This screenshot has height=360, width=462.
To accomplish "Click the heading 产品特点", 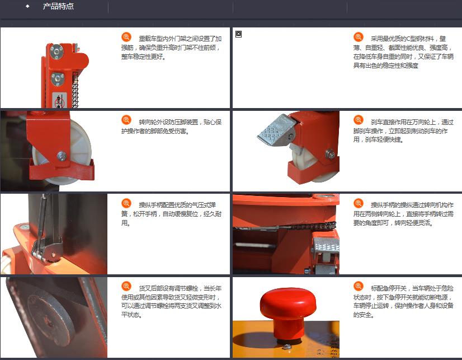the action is tap(58, 6).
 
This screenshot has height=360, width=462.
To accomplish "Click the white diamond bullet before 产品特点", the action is tap(28, 6).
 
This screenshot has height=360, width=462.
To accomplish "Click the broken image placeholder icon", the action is tap(239, 34).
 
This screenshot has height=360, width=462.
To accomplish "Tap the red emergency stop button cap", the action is tap(288, 303).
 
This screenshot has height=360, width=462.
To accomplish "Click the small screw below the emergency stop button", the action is tap(287, 347).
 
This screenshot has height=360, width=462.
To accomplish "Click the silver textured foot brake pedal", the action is tap(276, 130).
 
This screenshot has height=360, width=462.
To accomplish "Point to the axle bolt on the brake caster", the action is tap(330, 153).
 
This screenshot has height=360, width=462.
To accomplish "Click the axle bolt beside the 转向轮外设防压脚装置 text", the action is tap(62, 156).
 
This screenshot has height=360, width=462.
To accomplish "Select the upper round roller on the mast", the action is tap(56, 52).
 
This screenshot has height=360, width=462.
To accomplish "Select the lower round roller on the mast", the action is tap(58, 79).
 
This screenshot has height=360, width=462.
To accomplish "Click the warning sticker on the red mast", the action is tap(60, 100).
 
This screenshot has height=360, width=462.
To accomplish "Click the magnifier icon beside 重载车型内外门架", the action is tap(126, 37).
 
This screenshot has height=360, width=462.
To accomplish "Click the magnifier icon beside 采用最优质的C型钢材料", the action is tap(359, 37).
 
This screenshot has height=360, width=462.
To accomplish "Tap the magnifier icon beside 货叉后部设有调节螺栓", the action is tap(126, 286).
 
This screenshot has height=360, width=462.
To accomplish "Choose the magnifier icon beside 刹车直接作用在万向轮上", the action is tap(359, 120).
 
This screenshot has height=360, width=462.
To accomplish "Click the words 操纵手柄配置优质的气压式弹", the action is tap(177, 205).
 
